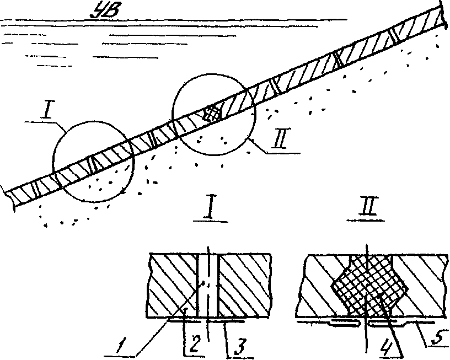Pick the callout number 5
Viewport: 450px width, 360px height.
437,337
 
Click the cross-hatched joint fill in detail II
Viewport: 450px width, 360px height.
368,286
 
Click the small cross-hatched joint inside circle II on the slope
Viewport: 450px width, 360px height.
213,114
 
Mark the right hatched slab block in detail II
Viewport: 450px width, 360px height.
422,287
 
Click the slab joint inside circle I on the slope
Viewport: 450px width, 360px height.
92,164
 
